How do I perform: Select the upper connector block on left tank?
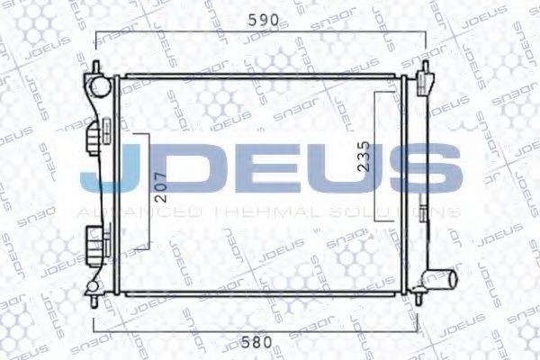point(94,142)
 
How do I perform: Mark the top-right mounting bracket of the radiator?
point(423,82)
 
